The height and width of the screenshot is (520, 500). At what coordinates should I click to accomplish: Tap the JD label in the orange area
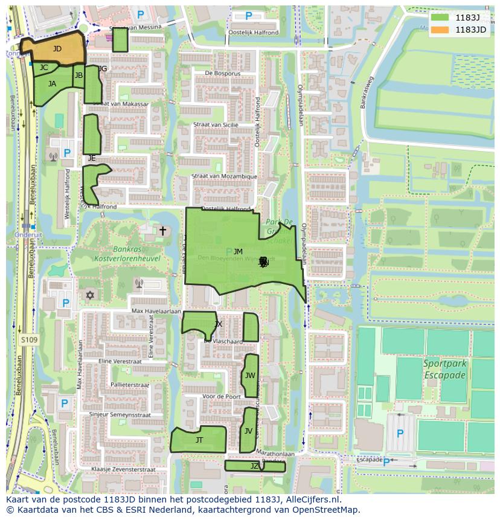(x=57, y=48)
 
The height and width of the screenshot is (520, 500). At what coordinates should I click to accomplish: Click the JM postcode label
(x=238, y=252)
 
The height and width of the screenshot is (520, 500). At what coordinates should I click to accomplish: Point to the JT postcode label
(x=199, y=440)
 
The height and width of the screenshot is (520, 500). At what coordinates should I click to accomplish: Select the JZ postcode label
(x=254, y=466)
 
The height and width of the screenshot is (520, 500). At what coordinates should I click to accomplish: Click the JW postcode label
(x=250, y=376)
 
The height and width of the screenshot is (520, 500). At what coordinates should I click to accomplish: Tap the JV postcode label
(x=248, y=431)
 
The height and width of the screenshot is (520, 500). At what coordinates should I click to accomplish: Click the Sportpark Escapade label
(x=444, y=369)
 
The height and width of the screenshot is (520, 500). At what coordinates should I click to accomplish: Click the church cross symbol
(x=162, y=231)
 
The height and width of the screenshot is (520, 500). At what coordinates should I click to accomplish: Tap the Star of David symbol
(x=91, y=295)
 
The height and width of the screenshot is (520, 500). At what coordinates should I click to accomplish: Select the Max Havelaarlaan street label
(x=156, y=311)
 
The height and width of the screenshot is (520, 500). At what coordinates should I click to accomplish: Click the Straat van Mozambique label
(x=224, y=176)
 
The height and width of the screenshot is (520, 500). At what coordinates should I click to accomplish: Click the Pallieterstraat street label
(x=129, y=385)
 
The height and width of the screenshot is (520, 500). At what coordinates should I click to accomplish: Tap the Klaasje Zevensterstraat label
(x=123, y=469)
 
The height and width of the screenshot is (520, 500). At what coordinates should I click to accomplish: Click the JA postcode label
(x=52, y=84)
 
